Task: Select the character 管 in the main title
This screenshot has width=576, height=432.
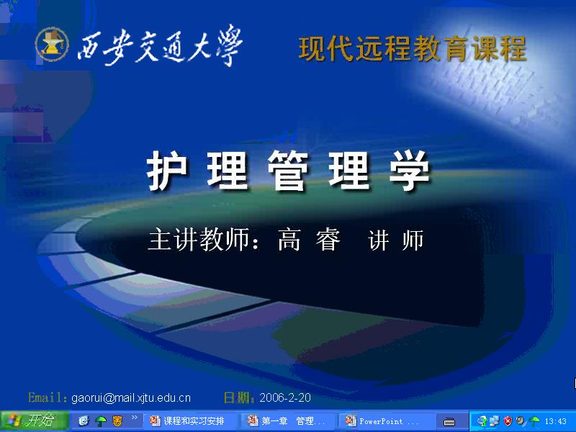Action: coord(288,172)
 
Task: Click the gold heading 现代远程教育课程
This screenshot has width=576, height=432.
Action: coord(413,48)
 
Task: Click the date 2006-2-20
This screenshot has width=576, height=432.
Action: coord(285,397)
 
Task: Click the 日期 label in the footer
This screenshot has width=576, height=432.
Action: coord(238,397)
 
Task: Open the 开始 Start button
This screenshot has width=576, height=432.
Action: coord(33,421)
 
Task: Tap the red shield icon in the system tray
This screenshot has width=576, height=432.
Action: coord(508,421)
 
